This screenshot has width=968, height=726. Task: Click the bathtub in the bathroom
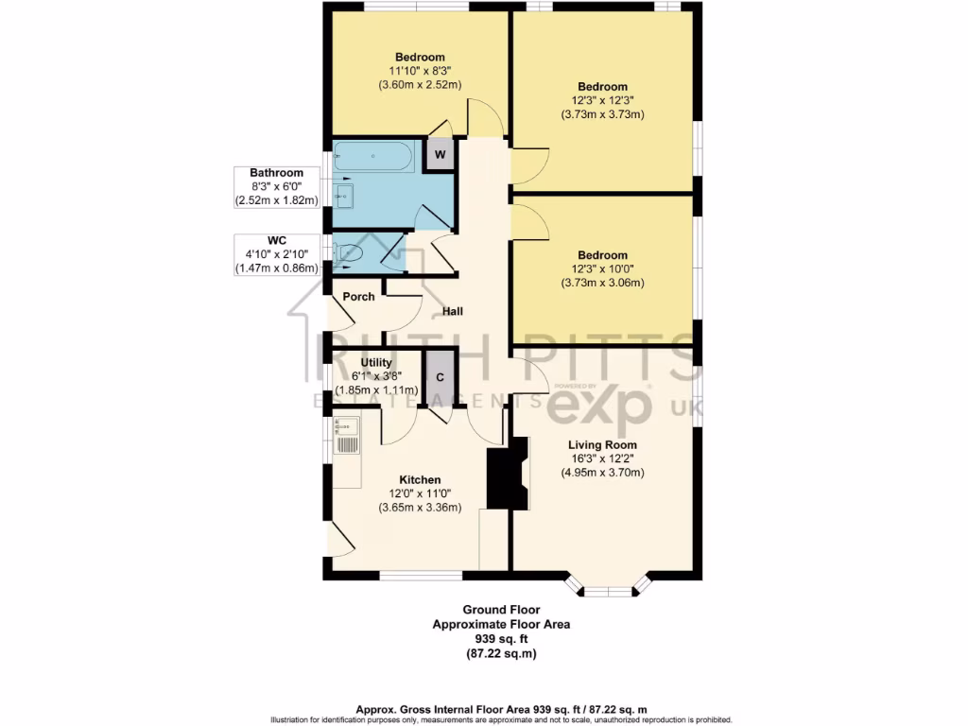372,156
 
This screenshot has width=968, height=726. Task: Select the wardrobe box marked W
440,154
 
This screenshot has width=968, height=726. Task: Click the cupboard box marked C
440,376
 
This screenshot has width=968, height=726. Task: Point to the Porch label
358,297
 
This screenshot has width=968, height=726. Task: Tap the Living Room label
602,444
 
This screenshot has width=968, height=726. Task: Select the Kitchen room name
420,479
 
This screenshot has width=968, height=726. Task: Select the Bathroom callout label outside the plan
276,173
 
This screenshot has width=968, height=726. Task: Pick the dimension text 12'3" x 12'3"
602,101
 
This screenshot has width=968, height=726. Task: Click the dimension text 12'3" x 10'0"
602,269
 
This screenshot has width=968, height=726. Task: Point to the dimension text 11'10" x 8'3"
420,71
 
